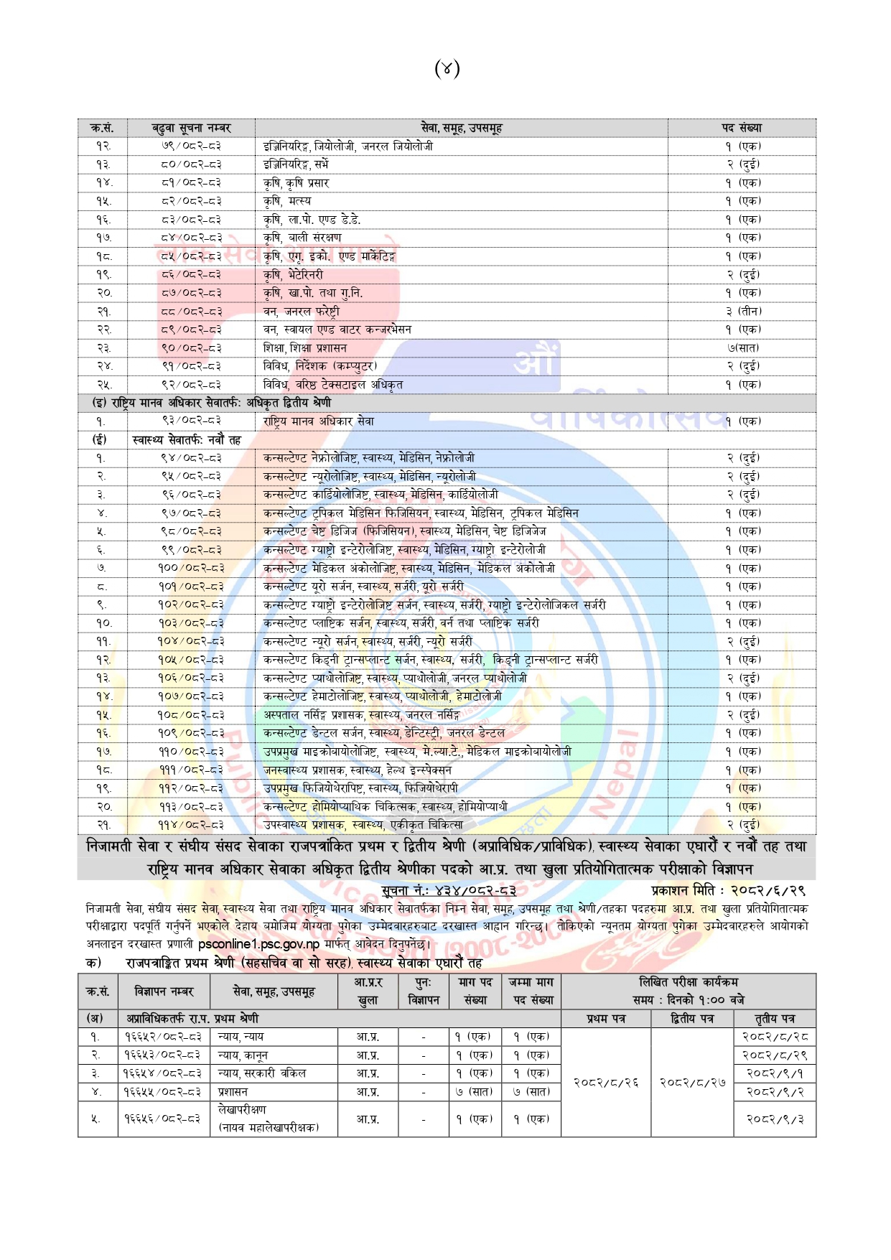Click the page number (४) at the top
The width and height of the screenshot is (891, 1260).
tap(447, 69)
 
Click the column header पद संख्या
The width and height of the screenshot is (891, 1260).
tap(742, 128)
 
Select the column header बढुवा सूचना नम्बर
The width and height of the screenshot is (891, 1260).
tap(191, 128)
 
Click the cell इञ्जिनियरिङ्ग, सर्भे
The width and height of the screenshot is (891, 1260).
tap(296, 164)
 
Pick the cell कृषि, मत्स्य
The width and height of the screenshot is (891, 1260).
tap(287, 201)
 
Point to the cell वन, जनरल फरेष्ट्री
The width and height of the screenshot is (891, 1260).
tap(302, 312)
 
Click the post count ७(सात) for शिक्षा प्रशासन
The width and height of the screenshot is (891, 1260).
tap(743, 348)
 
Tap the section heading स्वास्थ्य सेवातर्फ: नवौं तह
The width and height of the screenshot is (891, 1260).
tap(187, 439)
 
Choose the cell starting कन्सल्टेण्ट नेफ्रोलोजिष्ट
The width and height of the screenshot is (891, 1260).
tap(368, 458)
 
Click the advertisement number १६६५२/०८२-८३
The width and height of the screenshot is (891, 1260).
tap(163, 1037)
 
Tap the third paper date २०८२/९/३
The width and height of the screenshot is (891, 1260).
tap(775, 1119)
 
